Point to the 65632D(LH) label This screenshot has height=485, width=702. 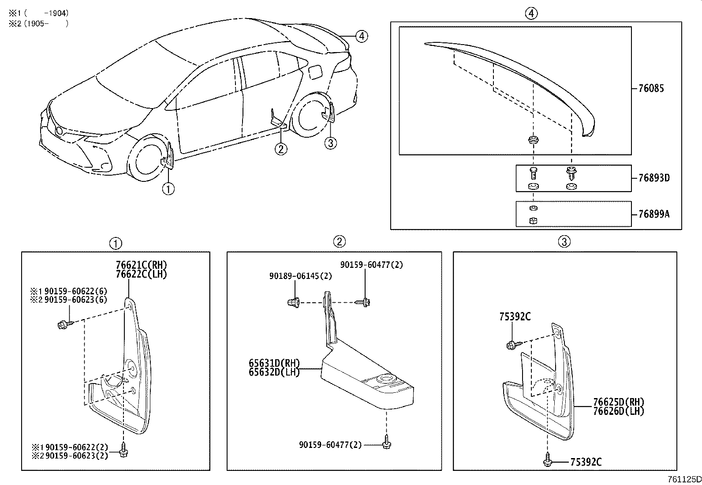(x=274, y=372)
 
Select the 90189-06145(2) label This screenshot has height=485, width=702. (x=301, y=276)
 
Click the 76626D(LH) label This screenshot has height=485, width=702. (x=619, y=411)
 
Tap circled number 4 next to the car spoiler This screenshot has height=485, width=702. (x=361, y=36)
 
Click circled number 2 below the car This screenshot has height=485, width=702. (x=281, y=149)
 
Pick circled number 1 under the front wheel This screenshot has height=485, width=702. (x=168, y=189)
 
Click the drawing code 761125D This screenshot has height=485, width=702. (x=684, y=479)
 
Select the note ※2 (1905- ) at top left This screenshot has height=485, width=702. (x=39, y=24)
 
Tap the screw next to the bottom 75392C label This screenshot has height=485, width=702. (x=547, y=461)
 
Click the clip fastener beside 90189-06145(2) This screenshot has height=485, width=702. (x=293, y=303)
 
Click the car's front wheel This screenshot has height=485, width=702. (x=148, y=159)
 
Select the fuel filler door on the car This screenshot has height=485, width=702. (x=316, y=72)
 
